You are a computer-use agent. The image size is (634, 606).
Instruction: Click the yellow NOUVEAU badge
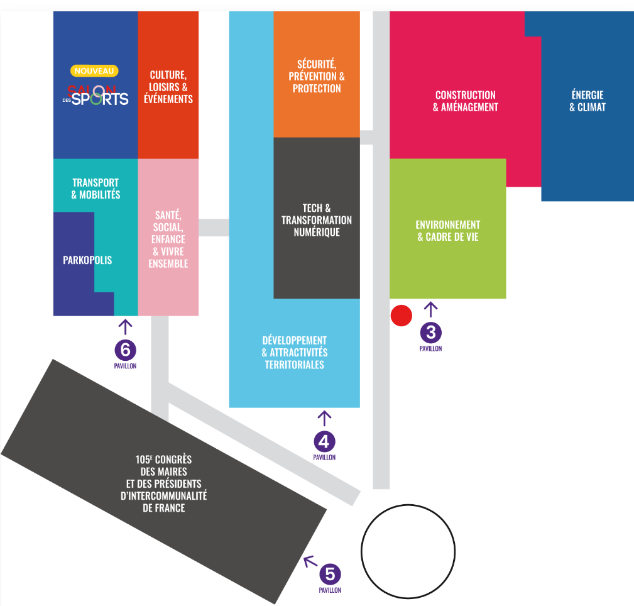coord(94,71)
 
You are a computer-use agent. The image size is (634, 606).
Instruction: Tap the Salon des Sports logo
coord(96,96)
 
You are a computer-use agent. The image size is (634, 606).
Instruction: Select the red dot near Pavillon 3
coord(402,316)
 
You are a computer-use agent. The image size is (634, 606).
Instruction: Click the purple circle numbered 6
coord(125,350)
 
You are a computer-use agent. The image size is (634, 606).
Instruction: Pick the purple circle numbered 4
coord(324,441)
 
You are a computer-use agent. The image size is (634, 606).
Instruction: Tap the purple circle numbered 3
coord(430,333)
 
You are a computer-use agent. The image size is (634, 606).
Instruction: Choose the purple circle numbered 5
coord(330,574)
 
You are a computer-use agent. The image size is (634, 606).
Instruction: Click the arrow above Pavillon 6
coord(125,327)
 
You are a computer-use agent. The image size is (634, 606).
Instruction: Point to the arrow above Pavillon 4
coord(324,418)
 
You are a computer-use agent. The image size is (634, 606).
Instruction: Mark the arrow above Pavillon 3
coord(430,309)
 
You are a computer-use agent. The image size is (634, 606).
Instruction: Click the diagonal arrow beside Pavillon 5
coord(310,561)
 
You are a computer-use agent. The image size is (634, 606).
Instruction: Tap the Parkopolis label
coord(87,260)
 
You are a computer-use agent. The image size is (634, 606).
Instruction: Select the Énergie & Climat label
coord(588,101)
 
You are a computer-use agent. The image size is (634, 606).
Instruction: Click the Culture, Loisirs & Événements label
coord(168,87)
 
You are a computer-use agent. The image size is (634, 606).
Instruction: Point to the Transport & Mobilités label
coord(96,189)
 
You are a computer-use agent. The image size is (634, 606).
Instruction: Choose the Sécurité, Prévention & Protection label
coord(317,77)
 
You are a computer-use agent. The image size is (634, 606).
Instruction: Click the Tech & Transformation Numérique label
coord(317,220)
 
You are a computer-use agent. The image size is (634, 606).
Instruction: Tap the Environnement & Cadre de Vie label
coord(448,231)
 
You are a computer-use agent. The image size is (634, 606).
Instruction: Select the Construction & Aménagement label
coord(466,101)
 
